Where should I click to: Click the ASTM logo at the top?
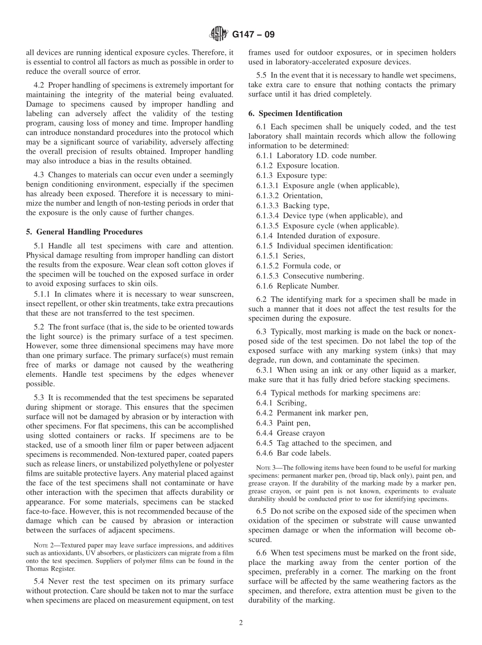click(x=219, y=35)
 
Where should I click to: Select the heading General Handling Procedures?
click(x=84, y=232)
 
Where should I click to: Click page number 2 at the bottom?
click(x=241, y=623)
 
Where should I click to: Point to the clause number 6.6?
click(x=262, y=553)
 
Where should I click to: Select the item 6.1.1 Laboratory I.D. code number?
click(x=316, y=156)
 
